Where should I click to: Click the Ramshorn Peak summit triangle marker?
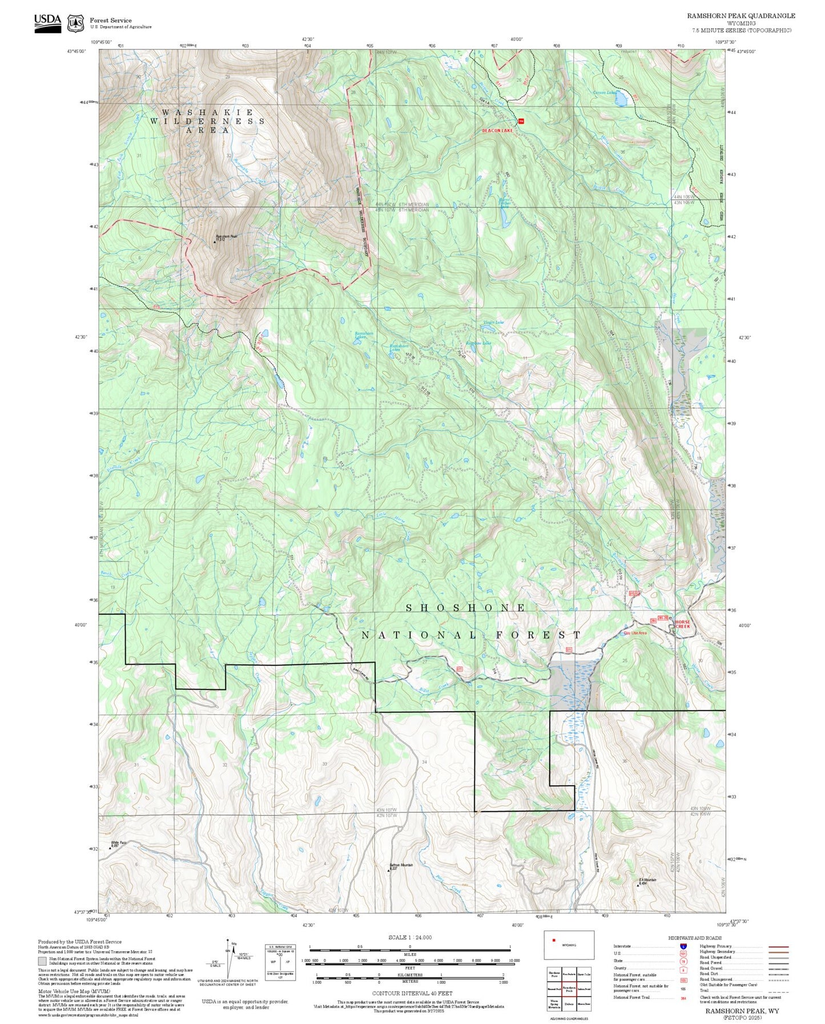tap(215, 242)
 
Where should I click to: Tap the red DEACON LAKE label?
tap(497, 131)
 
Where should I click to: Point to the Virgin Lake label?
tap(493, 322)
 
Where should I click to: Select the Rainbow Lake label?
tap(478, 343)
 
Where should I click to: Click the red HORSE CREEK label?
tap(682, 624)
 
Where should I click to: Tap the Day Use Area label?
tap(634, 633)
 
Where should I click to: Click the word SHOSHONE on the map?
tap(465, 608)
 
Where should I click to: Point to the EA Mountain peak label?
tap(647, 880)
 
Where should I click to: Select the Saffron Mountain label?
tap(401, 865)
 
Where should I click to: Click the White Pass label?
tap(118, 842)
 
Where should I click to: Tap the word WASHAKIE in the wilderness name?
tap(207, 112)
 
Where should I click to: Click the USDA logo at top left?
tap(47, 23)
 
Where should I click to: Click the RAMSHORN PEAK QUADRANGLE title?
tap(741, 16)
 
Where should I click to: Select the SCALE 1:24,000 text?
tap(409, 937)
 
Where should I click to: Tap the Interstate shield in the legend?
tap(683, 946)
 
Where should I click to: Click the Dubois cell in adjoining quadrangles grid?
tap(569, 1003)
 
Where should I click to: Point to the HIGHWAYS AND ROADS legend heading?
tap(694, 938)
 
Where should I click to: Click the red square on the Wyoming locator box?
tap(553, 940)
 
